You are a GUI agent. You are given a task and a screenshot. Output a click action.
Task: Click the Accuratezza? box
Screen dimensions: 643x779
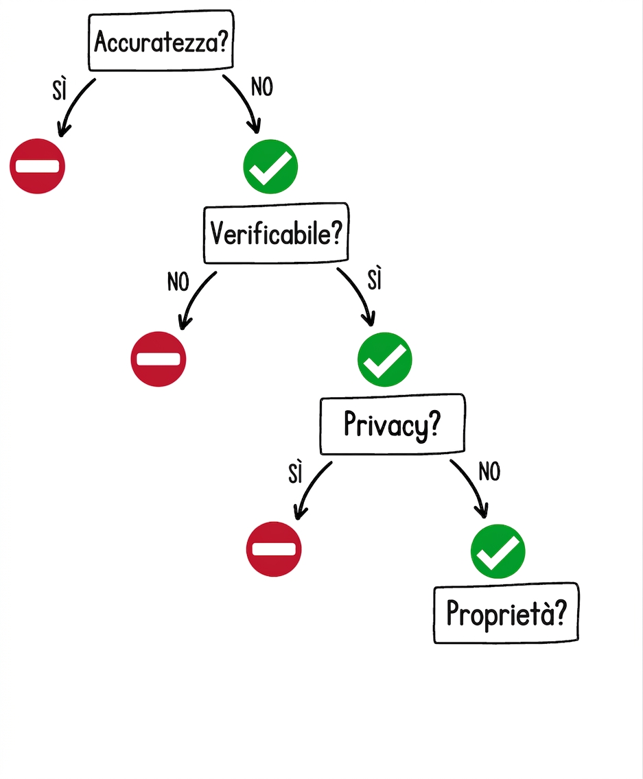click(161, 40)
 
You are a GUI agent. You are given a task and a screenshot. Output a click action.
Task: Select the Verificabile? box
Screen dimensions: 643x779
click(276, 233)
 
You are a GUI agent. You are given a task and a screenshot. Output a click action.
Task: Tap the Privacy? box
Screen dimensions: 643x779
click(393, 424)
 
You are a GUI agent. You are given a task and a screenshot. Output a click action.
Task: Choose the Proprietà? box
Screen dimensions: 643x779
click(506, 613)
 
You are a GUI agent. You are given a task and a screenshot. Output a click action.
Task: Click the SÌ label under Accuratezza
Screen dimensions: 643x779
click(60, 90)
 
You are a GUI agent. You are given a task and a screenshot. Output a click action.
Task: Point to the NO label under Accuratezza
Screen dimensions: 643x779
click(262, 87)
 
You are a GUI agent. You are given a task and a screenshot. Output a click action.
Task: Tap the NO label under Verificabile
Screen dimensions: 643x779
click(178, 283)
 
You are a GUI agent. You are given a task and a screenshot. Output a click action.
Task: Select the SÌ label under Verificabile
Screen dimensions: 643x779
click(375, 279)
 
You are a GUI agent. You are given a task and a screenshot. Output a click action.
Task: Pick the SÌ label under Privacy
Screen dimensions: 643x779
click(295, 472)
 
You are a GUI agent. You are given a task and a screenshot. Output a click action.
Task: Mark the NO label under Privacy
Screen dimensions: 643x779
click(489, 472)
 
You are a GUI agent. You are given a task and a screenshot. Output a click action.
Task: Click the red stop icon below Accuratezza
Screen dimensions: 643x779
click(37, 166)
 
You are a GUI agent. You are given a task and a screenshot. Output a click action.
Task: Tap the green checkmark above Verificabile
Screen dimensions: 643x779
click(270, 167)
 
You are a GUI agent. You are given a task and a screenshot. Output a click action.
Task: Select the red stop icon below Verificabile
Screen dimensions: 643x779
click(158, 359)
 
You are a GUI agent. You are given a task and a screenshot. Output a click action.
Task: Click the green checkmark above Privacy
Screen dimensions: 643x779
click(385, 359)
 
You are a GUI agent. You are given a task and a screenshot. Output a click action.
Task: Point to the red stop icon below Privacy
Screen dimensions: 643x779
click(274, 549)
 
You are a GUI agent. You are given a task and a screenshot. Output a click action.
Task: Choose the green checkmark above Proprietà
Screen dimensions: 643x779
click(498, 551)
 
